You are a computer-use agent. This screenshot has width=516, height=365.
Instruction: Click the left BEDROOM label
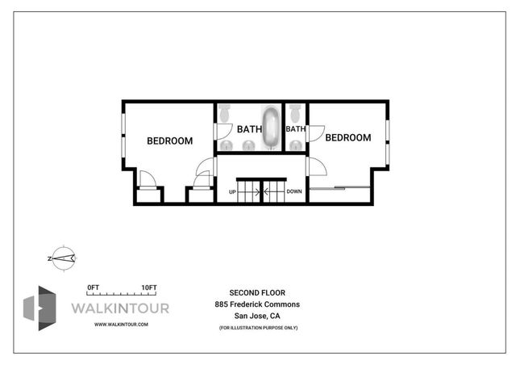169,141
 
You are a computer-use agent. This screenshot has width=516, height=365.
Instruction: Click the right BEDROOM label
347,138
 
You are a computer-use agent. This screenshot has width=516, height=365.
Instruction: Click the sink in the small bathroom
297,145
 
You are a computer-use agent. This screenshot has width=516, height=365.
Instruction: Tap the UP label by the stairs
232,192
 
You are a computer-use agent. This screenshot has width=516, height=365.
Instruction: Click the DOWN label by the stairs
294,192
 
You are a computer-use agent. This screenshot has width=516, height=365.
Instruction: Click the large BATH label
248,129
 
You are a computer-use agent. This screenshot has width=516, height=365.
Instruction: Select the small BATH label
295,129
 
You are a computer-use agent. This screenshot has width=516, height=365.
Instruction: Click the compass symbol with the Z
61,258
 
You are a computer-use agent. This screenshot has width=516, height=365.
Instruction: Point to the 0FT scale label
93,288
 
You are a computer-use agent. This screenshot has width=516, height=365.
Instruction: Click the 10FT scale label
148,288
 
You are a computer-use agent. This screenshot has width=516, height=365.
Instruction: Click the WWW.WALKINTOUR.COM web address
121,324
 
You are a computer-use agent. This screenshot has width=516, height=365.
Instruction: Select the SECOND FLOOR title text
257,292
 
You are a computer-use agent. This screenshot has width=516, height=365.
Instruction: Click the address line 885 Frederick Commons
257,304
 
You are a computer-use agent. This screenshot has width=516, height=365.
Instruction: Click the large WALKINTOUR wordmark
121,308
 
